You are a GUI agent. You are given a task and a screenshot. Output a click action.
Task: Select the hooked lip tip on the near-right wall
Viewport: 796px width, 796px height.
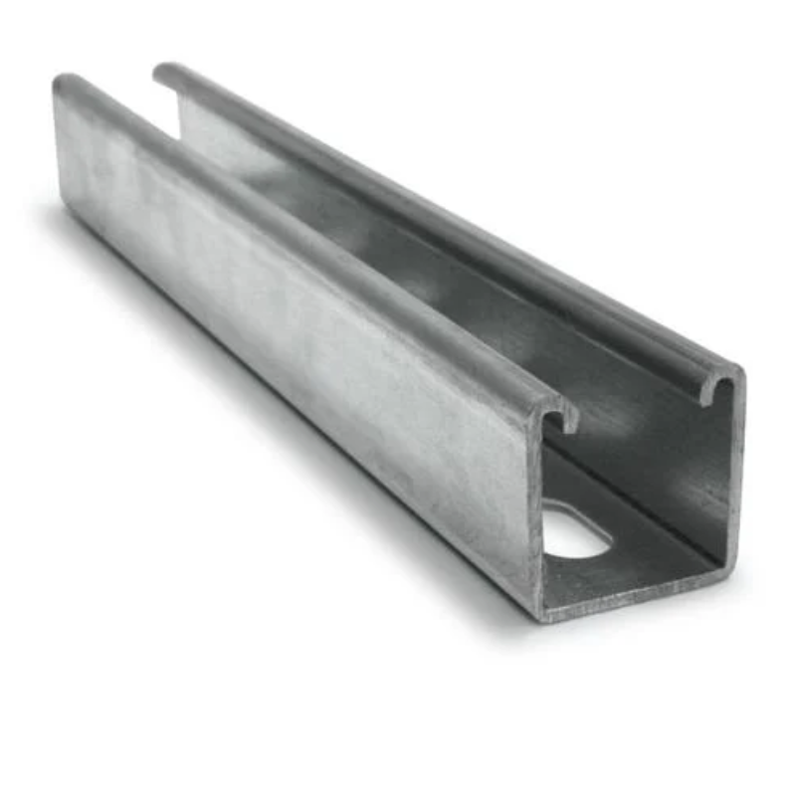705,396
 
